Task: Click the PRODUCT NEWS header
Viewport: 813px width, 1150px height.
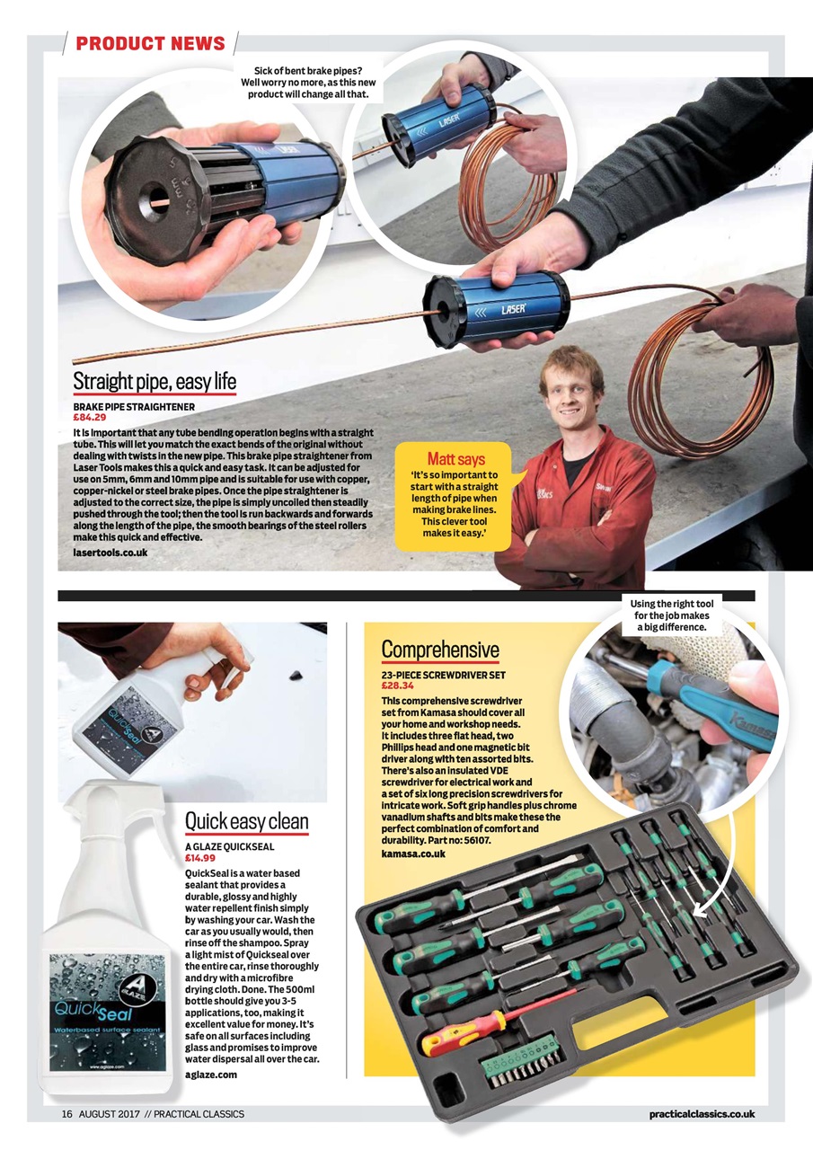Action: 150,43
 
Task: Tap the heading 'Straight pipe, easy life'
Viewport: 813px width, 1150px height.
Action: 155,382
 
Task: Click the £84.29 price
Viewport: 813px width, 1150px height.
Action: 90,418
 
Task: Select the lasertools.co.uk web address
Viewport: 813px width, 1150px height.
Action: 110,552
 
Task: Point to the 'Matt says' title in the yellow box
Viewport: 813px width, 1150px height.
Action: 455,459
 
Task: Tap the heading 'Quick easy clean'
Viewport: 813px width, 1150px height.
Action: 246,821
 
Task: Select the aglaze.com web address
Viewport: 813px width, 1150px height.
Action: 210,1075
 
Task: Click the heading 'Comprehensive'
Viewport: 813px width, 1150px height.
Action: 439,649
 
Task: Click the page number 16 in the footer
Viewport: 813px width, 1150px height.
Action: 66,1114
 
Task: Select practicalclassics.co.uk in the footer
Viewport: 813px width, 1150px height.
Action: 702,1114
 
